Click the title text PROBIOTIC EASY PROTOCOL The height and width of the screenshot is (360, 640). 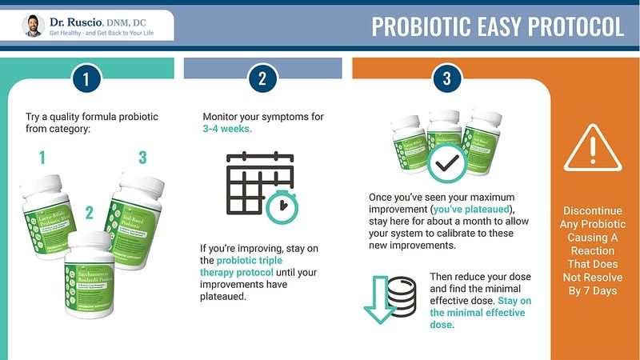[497, 26]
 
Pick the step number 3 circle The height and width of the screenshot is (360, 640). [446, 78]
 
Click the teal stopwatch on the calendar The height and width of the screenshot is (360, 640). [282, 206]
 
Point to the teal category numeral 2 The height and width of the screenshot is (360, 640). [90, 213]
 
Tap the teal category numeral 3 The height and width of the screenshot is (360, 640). [142, 157]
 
